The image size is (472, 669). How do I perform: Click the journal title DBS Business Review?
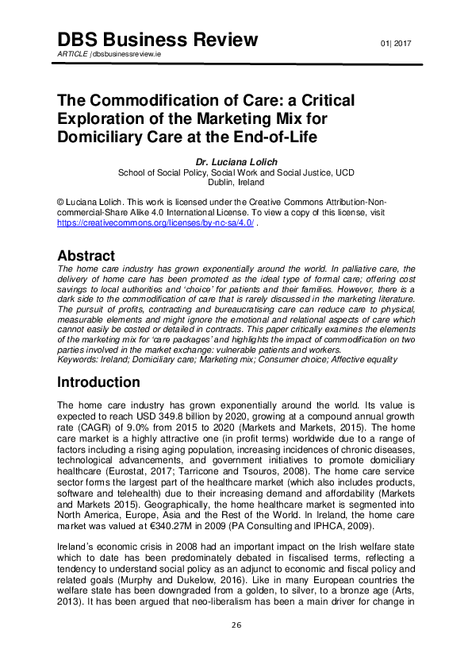(158, 40)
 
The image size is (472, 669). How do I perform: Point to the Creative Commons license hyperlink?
(155, 224)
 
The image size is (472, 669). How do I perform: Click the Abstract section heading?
(86, 256)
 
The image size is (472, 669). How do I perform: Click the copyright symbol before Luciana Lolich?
(60, 202)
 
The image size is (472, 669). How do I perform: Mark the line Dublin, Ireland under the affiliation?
(235, 182)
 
